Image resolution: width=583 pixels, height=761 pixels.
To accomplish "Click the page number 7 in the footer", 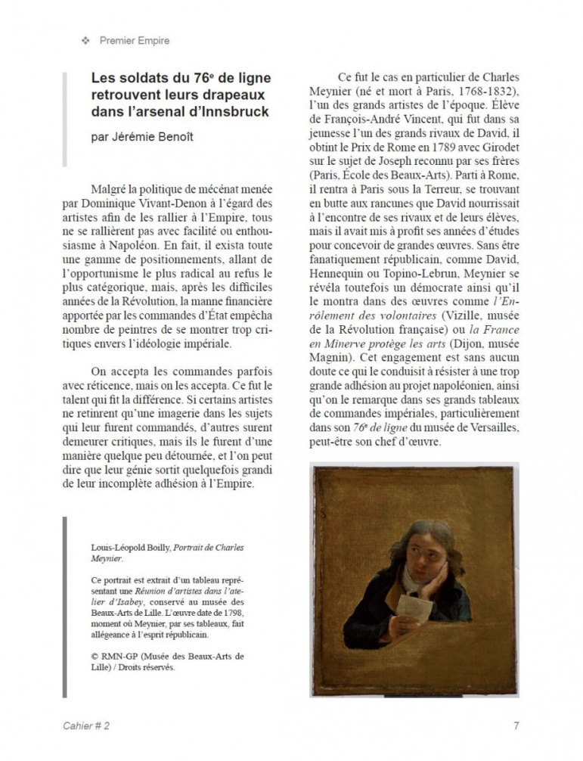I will (516, 725).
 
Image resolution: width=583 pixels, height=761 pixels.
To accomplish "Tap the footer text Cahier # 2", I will (87, 725).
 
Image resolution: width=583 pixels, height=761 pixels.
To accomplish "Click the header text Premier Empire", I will (135, 41).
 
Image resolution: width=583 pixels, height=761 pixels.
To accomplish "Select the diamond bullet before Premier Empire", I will (85, 41).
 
